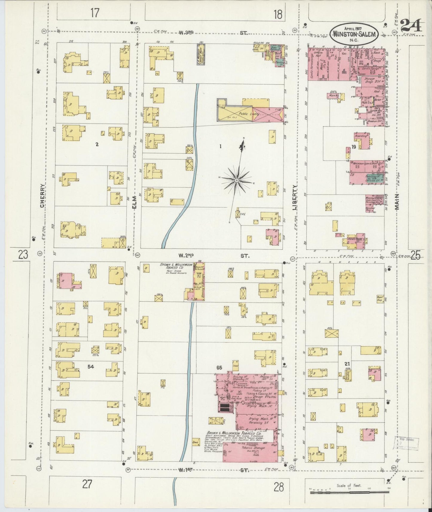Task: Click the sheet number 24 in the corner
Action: coord(411,25)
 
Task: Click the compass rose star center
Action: coord(236,180)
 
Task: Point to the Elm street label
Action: coord(134,203)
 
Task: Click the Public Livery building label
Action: coord(249,114)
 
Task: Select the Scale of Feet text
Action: coord(349,485)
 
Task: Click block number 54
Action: coord(91,366)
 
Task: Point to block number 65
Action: coord(219,368)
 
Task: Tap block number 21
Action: coord(347,364)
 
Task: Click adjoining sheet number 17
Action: coord(95,13)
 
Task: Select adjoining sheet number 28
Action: coord(278,488)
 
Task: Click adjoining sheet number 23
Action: coord(23,255)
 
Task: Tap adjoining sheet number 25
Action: coord(415,255)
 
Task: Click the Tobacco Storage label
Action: coord(253,448)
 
